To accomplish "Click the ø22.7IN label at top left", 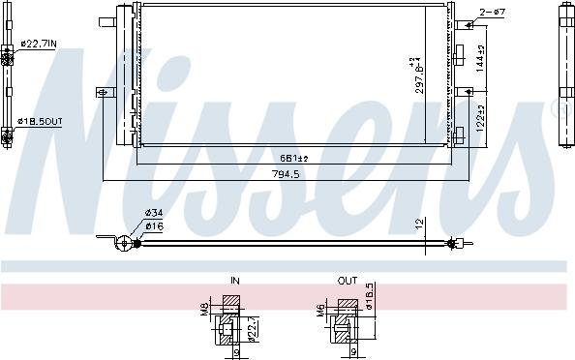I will click(x=38, y=44).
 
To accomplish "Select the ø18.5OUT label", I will click(x=40, y=121).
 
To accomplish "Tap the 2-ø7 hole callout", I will click(x=494, y=13).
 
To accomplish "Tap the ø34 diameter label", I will click(x=153, y=214).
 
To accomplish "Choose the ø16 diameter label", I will click(x=153, y=225).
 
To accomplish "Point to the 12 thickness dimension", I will click(x=418, y=224).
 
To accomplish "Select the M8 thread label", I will click(x=203, y=309).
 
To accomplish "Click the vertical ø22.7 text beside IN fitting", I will click(x=253, y=328).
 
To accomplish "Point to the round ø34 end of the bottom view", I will click(x=123, y=243).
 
